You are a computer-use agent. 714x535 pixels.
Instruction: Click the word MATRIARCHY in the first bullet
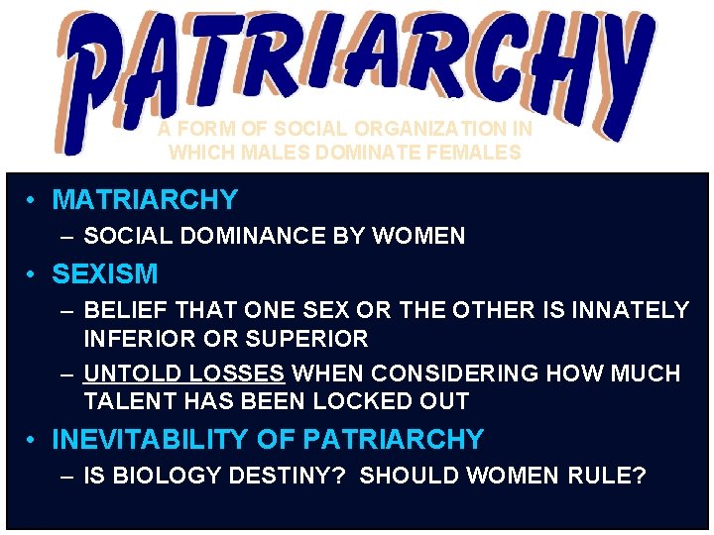pyautogui.click(x=145, y=200)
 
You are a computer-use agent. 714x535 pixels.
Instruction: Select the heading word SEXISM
pyautogui.click(x=104, y=273)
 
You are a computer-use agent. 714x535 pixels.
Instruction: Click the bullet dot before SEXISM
pyautogui.click(x=33, y=274)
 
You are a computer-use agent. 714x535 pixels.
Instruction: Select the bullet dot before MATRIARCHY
pyautogui.click(x=33, y=201)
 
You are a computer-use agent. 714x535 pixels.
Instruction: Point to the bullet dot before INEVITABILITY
pyautogui.click(x=33, y=440)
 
